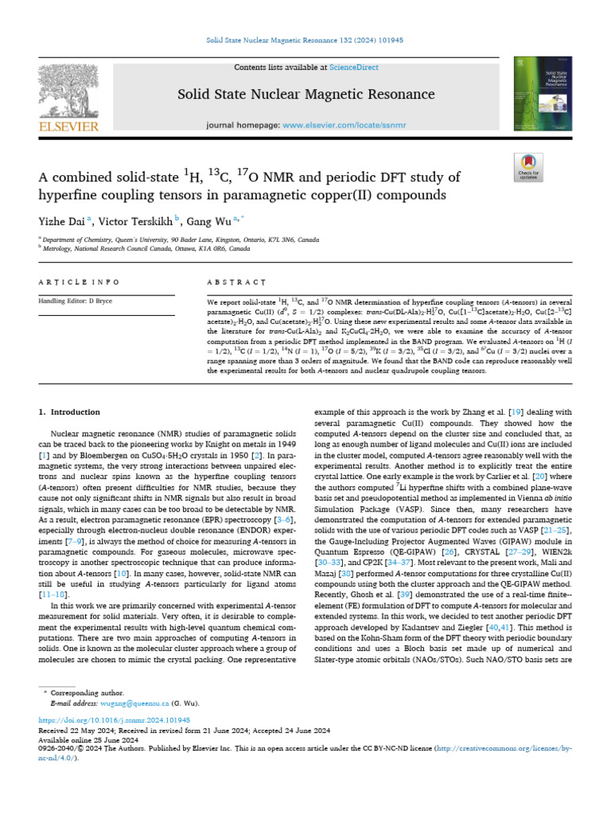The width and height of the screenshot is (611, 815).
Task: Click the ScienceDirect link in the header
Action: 356,68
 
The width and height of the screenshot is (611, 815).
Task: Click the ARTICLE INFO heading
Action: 80,282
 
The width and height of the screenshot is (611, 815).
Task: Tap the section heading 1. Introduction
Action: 70,412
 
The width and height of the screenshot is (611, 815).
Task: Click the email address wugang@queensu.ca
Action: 134,704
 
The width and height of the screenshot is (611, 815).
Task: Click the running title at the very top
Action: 306,39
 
